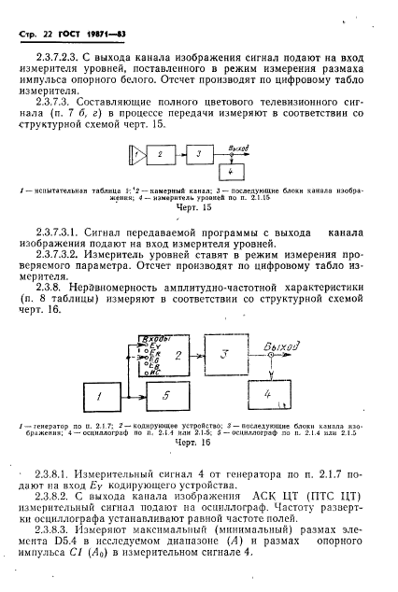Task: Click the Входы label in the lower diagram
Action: point(150,336)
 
